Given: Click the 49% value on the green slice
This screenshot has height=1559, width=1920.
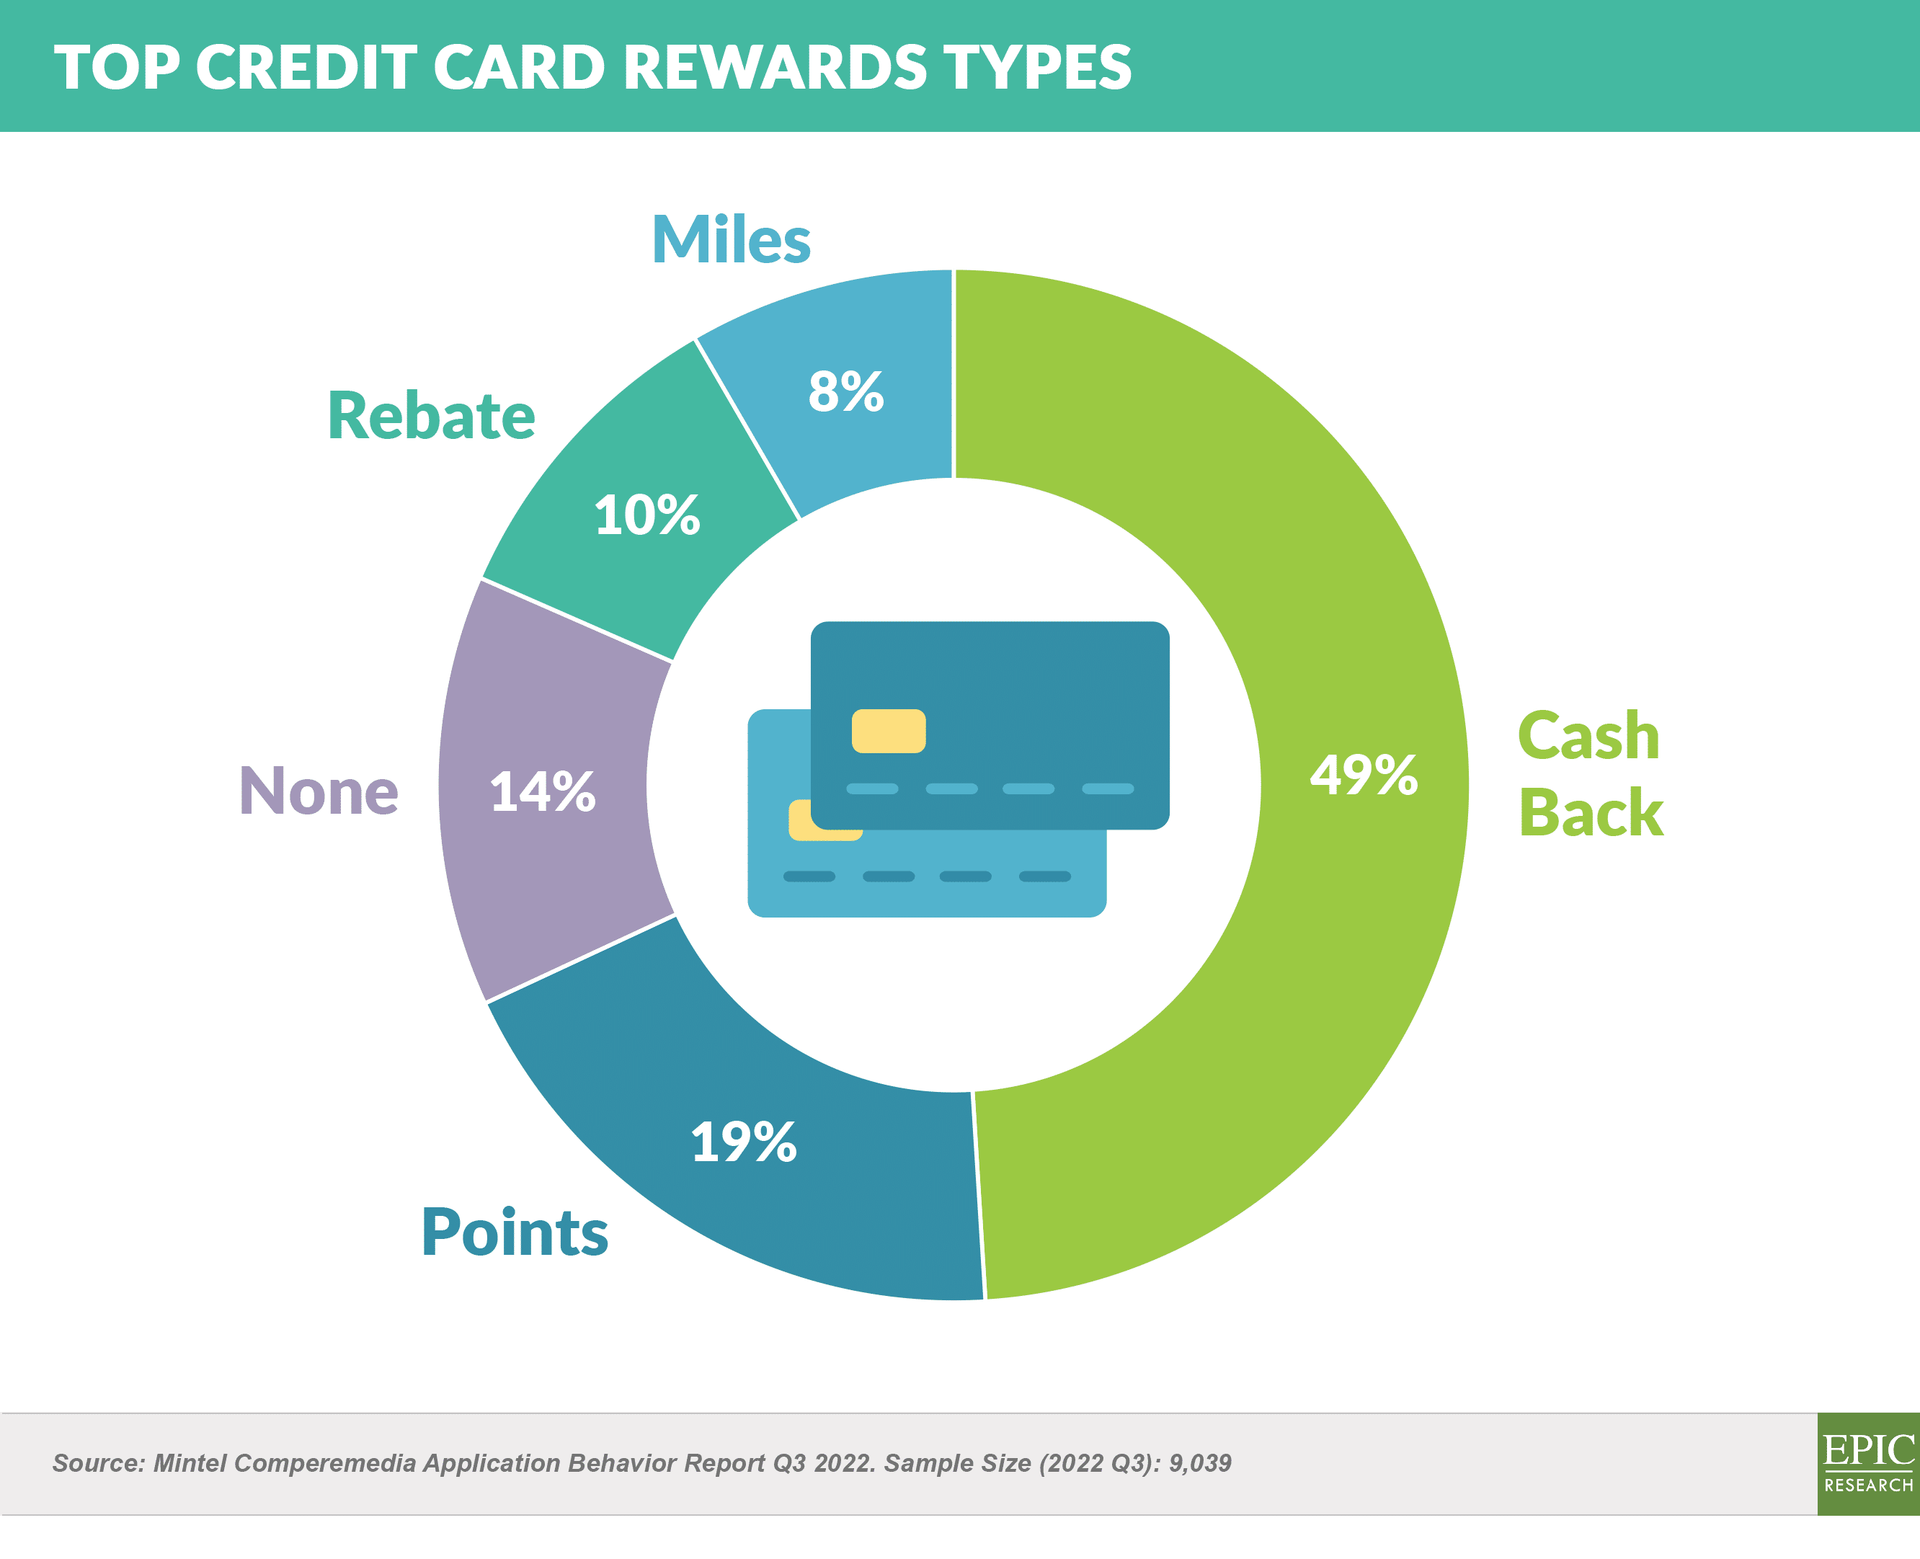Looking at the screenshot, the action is pos(1363,774).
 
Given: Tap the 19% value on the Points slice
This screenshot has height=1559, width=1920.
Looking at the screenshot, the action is pos(744,1142).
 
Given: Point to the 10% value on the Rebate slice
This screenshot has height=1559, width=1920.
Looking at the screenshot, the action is pos(646,515).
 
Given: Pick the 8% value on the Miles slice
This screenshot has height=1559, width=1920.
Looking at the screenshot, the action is pos(846,391).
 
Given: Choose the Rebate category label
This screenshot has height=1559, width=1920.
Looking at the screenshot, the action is pos(431,415).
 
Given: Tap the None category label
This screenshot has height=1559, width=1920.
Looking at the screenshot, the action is pos(319,791).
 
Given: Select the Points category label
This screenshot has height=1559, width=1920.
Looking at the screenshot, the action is pos(515,1231).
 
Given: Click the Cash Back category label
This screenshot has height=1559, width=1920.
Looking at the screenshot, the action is pos(1591,774).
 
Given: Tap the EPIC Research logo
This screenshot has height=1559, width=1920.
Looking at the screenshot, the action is pos(1868,1464).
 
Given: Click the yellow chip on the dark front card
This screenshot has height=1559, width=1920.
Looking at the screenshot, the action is pos(888,731).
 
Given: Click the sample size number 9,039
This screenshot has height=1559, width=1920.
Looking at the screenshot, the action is pos(1200,1463).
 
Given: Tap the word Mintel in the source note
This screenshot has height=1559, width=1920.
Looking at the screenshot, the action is pos(190,1463).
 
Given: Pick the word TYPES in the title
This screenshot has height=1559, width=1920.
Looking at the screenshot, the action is pos(1037,67).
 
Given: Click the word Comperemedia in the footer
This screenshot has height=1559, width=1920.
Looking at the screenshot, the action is pos(324,1464).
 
